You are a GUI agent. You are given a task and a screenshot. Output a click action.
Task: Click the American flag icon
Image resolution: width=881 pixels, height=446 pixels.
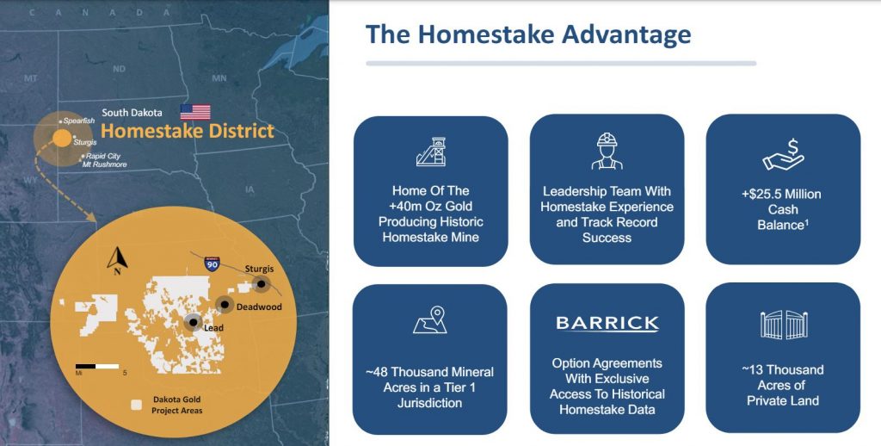pyautogui.click(x=195, y=112)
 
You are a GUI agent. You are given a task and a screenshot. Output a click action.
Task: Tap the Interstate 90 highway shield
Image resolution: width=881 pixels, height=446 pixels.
pyautogui.click(x=212, y=263)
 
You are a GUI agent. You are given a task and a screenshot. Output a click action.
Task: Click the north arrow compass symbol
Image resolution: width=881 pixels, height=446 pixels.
pyautogui.click(x=117, y=261)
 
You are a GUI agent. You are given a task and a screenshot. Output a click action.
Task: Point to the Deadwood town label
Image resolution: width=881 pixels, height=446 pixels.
pyautogui.click(x=259, y=307)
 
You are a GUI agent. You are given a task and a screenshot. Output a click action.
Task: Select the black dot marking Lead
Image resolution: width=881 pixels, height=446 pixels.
pyautogui.click(x=194, y=322)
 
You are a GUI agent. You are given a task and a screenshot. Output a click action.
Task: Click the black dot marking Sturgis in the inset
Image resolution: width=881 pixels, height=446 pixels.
pyautogui.click(x=262, y=284)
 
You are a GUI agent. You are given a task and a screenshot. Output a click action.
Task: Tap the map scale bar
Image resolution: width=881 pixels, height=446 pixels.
pyautogui.click(x=97, y=366)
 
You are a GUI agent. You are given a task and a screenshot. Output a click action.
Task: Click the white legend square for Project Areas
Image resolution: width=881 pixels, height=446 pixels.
pyautogui.click(x=135, y=405)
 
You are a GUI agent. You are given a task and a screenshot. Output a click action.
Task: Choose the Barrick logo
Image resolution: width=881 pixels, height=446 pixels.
pyautogui.click(x=607, y=324)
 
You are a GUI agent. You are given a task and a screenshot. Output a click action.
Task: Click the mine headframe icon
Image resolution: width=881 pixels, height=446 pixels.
pyautogui.click(x=431, y=152)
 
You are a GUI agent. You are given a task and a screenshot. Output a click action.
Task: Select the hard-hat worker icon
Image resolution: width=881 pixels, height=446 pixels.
pyautogui.click(x=607, y=151)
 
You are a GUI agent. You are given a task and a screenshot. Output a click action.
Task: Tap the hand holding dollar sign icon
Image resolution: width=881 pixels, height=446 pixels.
pyautogui.click(x=783, y=155)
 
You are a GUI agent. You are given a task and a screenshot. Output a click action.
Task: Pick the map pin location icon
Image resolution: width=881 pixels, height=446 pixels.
pyautogui.click(x=430, y=319)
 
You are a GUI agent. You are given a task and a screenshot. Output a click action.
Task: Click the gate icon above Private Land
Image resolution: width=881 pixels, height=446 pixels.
pyautogui.click(x=784, y=325)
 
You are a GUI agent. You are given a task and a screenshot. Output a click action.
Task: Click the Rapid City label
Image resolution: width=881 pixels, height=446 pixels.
pyautogui.click(x=103, y=156)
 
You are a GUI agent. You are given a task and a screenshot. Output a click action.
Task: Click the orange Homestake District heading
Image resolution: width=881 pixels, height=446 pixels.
pyautogui.click(x=187, y=131)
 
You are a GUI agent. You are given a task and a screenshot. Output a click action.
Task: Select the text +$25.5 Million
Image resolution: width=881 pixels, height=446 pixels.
pyautogui.click(x=781, y=194)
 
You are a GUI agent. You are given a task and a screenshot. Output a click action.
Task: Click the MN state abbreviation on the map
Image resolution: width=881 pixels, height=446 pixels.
pyautogui.click(x=219, y=78)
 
